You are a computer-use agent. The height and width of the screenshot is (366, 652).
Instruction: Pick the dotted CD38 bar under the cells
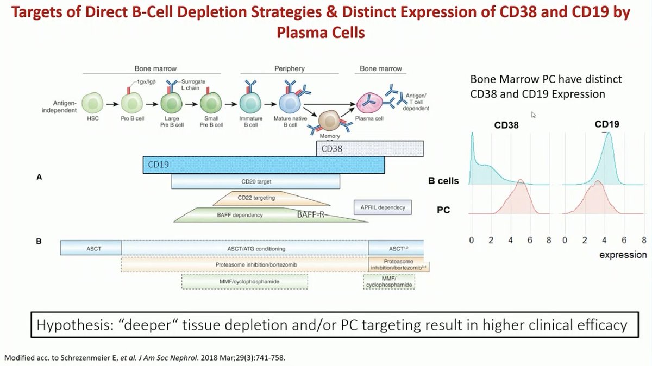(369, 148)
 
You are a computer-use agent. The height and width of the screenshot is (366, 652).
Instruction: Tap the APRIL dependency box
(383, 207)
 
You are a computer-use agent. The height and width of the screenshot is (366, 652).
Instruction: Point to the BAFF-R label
(310, 215)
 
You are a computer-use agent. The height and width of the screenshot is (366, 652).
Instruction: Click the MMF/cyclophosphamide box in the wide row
(244, 281)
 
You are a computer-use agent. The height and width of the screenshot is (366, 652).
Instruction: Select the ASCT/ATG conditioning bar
(244, 249)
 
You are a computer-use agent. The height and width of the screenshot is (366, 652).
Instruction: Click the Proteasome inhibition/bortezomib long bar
(244, 264)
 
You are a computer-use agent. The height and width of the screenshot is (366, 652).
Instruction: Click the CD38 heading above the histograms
(506, 125)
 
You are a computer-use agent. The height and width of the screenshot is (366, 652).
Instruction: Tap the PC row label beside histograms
(443, 209)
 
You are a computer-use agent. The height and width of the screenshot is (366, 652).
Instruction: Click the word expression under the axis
(623, 255)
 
